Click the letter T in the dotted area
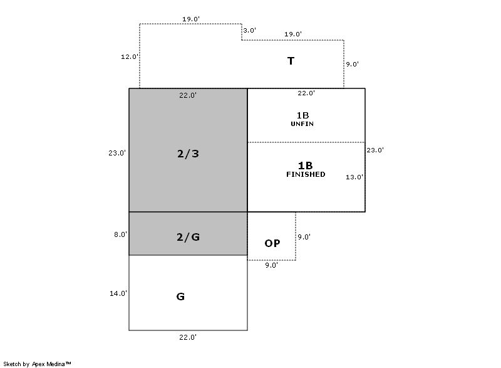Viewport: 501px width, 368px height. [x=291, y=61]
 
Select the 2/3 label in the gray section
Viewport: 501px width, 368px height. [x=188, y=154]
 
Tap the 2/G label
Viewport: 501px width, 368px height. [x=188, y=237]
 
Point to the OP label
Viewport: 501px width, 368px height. [x=272, y=243]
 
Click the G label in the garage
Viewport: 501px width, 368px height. [x=180, y=297]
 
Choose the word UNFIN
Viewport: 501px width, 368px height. [x=302, y=124]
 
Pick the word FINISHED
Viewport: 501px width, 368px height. [x=306, y=174]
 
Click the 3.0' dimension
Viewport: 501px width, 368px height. [x=249, y=30]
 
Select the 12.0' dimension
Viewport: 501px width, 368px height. [x=130, y=56]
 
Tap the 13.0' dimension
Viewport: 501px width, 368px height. [x=354, y=177]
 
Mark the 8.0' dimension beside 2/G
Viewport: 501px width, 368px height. [x=120, y=234]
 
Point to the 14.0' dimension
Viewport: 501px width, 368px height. [x=118, y=293]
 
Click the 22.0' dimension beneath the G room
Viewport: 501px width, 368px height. [x=188, y=337]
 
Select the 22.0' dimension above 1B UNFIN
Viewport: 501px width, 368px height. [x=306, y=93]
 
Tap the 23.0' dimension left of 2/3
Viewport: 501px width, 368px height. [x=117, y=153]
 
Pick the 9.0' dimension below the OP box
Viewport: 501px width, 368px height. [x=271, y=265]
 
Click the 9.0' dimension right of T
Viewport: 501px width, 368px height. [x=352, y=64]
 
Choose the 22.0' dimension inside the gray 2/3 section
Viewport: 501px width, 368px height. [x=188, y=95]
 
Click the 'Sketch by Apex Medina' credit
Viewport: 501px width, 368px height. [x=37, y=364]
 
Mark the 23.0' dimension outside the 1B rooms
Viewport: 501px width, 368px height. [x=375, y=150]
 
